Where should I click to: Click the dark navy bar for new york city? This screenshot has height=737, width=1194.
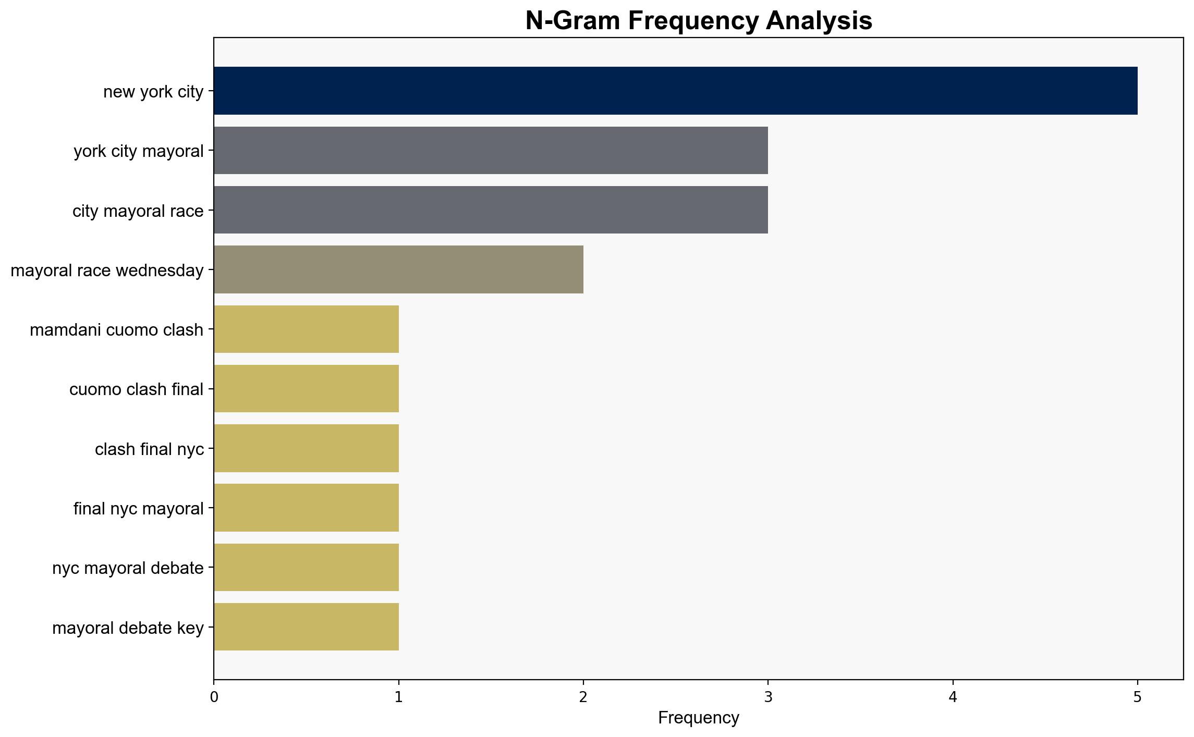click(x=675, y=91)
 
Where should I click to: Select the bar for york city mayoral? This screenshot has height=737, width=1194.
click(x=491, y=150)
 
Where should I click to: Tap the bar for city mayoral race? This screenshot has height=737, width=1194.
click(x=491, y=210)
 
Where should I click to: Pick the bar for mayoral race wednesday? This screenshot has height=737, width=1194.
click(x=398, y=269)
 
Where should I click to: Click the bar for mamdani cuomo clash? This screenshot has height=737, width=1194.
click(x=306, y=329)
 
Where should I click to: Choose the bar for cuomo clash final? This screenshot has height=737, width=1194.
click(x=306, y=388)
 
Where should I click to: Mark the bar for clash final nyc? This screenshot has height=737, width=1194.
click(x=306, y=448)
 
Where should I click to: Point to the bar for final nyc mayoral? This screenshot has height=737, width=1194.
click(x=306, y=508)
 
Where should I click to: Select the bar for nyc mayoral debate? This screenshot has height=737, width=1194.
click(x=306, y=567)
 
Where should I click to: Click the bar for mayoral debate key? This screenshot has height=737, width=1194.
click(x=306, y=627)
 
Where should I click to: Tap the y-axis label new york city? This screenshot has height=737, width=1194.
click(x=153, y=92)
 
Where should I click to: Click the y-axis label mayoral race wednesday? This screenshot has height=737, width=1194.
click(x=107, y=271)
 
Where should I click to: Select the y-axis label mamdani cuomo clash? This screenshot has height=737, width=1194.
click(x=116, y=330)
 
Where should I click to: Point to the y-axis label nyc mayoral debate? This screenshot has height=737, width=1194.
click(x=128, y=568)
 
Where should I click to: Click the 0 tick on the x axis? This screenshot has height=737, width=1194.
click(x=214, y=697)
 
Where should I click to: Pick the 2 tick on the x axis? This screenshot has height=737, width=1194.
click(x=583, y=697)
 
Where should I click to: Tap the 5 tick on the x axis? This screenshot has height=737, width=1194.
click(x=1137, y=697)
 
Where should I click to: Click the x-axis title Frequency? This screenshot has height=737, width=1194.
click(x=698, y=718)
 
